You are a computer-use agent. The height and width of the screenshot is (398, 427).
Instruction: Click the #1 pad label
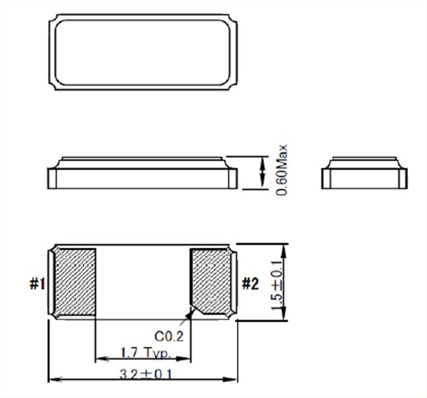(37, 284)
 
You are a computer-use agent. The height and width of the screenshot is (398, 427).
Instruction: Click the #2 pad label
(251, 284)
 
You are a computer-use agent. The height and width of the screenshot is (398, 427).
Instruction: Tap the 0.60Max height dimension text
(281, 170)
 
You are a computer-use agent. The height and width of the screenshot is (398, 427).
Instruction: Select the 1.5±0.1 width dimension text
(276, 285)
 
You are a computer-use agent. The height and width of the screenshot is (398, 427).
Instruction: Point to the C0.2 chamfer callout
(169, 336)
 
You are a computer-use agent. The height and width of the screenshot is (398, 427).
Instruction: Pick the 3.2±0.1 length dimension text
(146, 374)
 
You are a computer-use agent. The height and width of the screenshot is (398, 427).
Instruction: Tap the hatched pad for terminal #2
(210, 281)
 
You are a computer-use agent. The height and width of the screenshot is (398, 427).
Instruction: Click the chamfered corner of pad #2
(197, 311)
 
